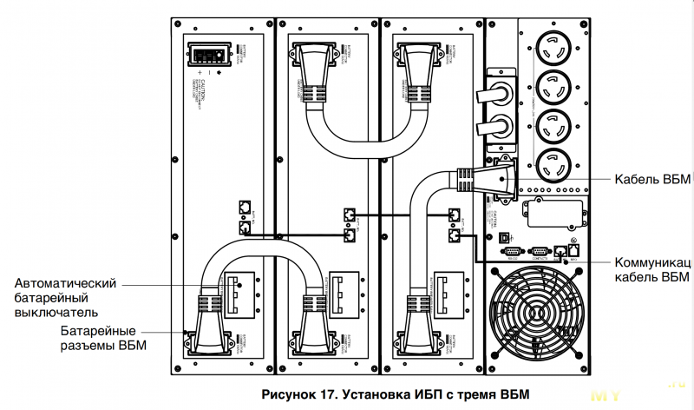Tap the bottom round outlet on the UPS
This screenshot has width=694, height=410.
(554, 163)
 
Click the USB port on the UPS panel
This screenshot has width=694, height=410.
(507, 235)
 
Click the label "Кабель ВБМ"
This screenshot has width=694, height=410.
(651, 180)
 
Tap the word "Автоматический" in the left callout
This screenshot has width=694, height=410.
(67, 283)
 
